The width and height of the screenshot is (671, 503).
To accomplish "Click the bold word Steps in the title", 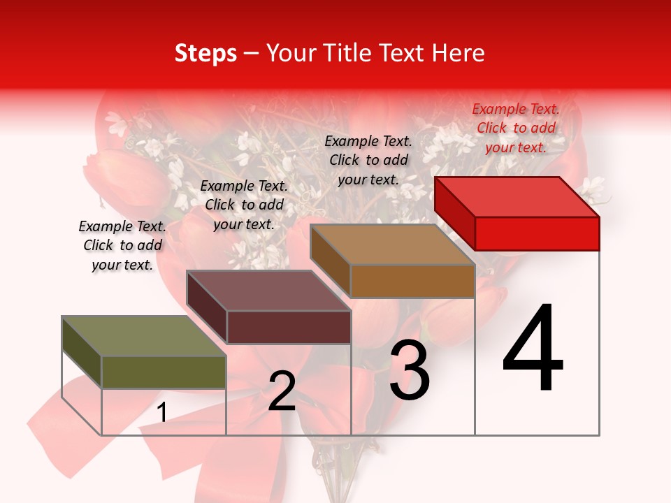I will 205,53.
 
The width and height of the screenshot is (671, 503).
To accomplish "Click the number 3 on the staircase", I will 409,370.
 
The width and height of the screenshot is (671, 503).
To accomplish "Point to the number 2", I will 282,391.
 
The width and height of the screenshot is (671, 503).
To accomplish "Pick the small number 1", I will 162,413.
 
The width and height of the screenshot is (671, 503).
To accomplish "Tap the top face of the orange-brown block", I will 393,245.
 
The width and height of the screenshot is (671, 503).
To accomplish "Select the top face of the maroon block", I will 268,291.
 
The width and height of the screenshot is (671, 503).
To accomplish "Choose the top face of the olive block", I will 144,336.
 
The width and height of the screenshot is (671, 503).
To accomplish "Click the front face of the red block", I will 537,233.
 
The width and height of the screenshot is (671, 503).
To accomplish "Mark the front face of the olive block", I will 164,372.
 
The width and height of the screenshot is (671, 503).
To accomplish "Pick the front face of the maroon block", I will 288,327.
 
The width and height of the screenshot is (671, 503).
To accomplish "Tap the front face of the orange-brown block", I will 412,281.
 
